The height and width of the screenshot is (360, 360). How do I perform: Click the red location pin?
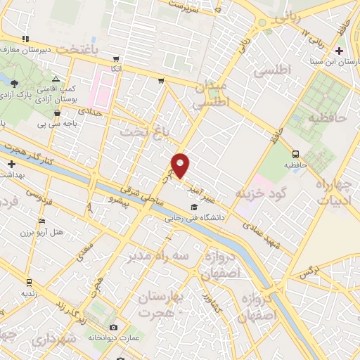[181, 166]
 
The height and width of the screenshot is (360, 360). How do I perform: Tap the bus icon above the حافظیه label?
[295, 153]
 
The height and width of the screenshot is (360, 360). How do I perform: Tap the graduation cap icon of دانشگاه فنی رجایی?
[193, 207]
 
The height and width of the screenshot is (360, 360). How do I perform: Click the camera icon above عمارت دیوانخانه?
[114, 328]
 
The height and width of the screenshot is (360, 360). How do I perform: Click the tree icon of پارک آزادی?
[15, 83]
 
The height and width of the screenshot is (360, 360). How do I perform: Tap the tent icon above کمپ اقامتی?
[56, 80]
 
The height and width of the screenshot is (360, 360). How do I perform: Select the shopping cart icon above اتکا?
[116, 59]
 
